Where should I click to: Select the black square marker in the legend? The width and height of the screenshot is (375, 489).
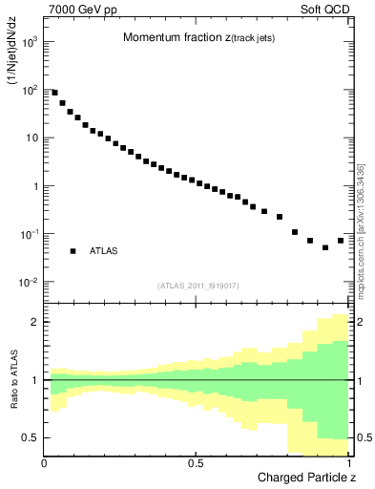pyautogui.click(x=73, y=251)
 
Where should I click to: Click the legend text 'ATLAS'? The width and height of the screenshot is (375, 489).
pyautogui.click(x=103, y=251)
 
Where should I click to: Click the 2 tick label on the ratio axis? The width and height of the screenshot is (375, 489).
pyautogui.click(x=34, y=323)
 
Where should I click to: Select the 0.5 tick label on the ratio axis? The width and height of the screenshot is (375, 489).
pyautogui.click(x=31, y=437)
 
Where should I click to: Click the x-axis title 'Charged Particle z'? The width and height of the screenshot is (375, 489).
pyautogui.click(x=302, y=477)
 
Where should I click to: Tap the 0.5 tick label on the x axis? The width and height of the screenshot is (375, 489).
pyautogui.click(x=196, y=462)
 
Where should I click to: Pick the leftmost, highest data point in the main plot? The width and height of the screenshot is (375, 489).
pyautogui.click(x=54, y=93)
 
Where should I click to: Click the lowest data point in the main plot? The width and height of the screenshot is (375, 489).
pyautogui.click(x=325, y=247)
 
